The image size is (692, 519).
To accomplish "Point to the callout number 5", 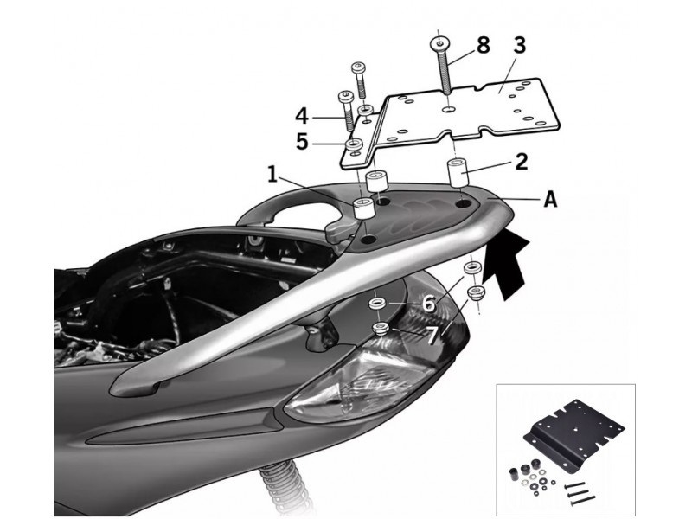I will click(x=301, y=141).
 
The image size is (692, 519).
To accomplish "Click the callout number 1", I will click(x=272, y=176).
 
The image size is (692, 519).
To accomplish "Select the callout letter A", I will click(x=548, y=200).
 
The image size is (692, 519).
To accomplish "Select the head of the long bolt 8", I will click(x=440, y=42).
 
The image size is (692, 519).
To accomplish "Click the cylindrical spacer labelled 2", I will click(x=458, y=170).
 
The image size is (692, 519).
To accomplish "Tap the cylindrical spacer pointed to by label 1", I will click(x=362, y=208).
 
